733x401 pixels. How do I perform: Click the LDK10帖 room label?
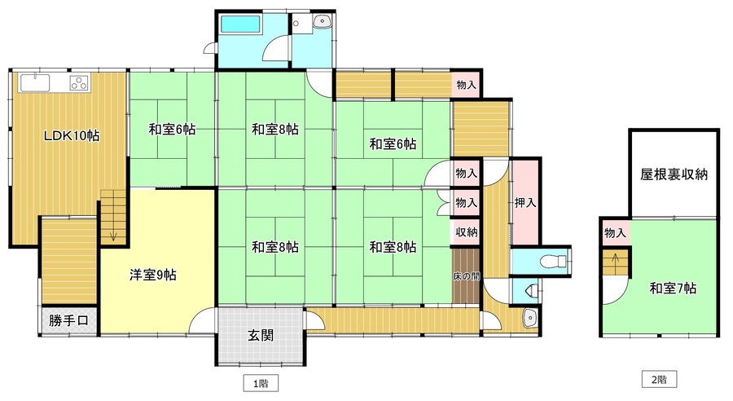coord(72,136)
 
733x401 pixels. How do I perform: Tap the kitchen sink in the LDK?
coord(34,83)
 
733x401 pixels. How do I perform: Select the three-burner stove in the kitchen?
coord(79,83)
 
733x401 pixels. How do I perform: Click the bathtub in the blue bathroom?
coord(240,24)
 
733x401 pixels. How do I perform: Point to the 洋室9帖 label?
coord(153,275)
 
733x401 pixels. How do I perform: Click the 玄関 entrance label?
coord(261,335)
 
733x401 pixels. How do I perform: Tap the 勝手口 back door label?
coord(68,320)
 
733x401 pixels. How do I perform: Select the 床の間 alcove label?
coord(466,276)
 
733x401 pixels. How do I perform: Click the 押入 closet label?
coord(525,203)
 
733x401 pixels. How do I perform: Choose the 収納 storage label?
coord(466,231)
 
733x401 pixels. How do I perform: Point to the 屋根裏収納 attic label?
coord(674,174)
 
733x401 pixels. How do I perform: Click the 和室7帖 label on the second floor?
coord(673,289)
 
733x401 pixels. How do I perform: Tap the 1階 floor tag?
coord(261,384)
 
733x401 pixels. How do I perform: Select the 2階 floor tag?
coord(659,380)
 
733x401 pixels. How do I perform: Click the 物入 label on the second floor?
coord(615,232)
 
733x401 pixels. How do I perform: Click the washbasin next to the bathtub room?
coord(323,21)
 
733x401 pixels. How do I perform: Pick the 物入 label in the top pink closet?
coord(466,85)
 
